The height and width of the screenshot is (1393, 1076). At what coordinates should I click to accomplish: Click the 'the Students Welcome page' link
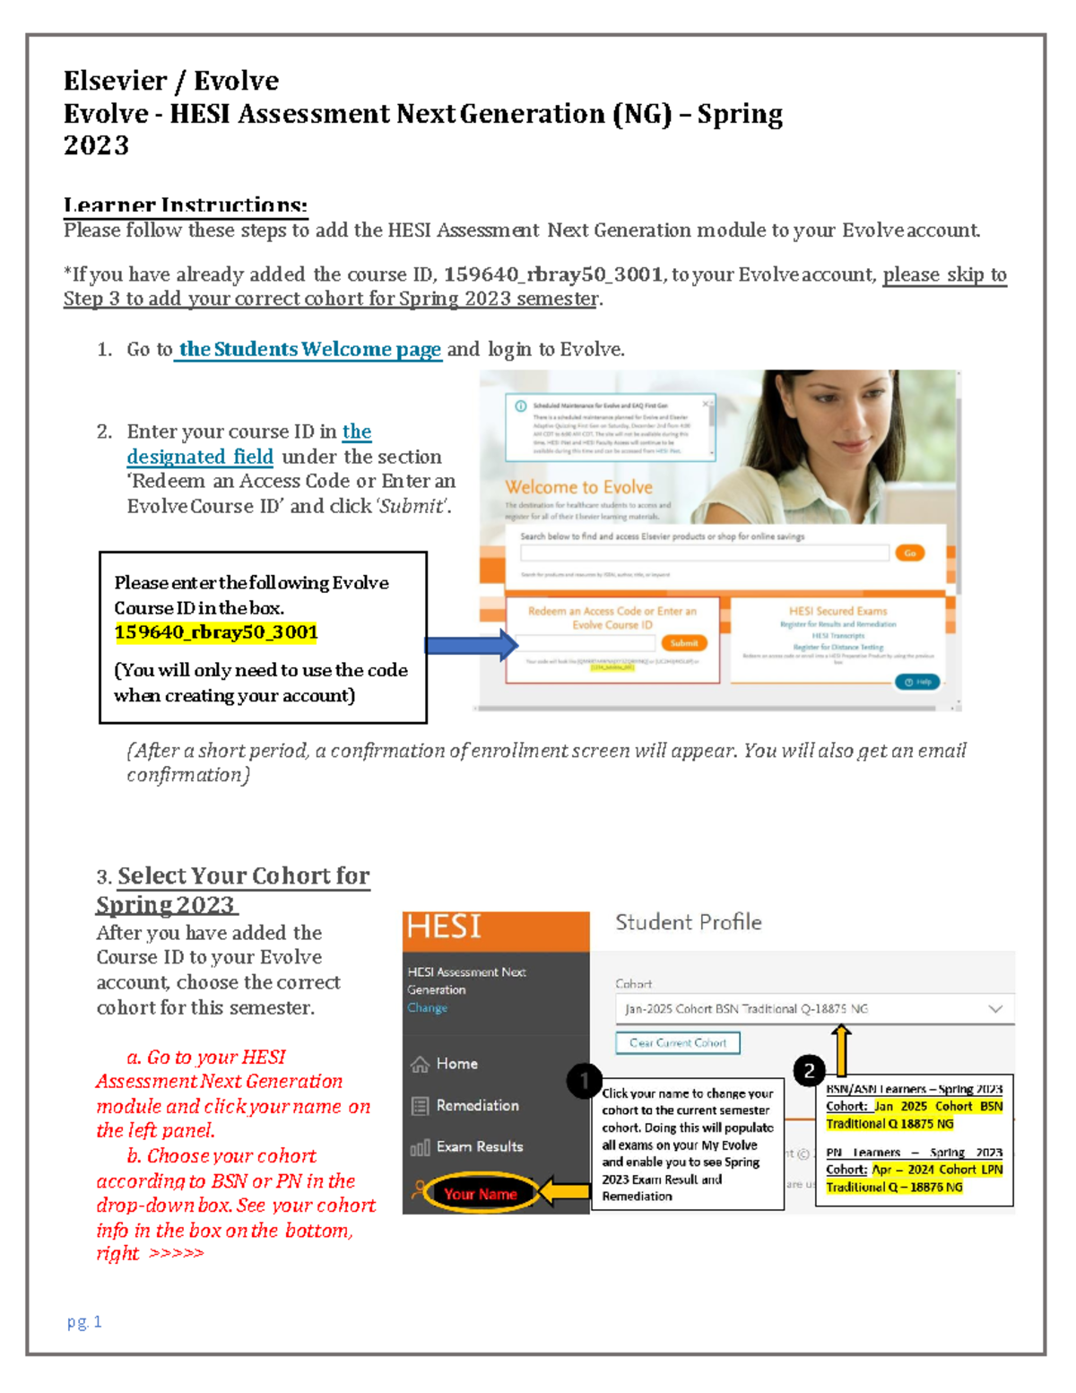[x=309, y=349]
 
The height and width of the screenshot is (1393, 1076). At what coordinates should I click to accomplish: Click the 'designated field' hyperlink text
[x=200, y=457]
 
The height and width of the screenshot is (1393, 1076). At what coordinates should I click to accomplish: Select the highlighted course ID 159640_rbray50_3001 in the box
[x=216, y=632]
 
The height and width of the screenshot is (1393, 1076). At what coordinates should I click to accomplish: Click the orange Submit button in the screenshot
[x=684, y=643]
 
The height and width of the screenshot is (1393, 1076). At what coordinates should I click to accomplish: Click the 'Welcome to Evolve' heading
[x=578, y=487]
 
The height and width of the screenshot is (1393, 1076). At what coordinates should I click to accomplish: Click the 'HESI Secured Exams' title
[x=837, y=611]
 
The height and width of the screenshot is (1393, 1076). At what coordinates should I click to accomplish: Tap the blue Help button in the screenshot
[x=917, y=682]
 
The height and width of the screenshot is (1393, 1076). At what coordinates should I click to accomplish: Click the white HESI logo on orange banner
[x=445, y=927]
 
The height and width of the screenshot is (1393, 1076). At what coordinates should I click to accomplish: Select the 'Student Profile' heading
[x=688, y=922]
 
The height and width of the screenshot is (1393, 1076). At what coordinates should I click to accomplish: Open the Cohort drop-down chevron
[x=994, y=1009]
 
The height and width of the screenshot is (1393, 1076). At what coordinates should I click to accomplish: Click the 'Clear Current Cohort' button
[x=678, y=1042]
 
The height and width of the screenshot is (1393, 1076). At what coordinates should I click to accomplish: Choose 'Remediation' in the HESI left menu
[x=477, y=1106]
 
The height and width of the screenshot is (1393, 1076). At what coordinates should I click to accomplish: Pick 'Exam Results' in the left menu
[x=479, y=1146]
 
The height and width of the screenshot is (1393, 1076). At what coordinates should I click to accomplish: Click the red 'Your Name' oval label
[x=480, y=1194]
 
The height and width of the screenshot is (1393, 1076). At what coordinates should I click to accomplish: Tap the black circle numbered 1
[x=584, y=1080]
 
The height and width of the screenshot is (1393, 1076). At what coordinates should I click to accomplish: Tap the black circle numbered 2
[x=809, y=1070]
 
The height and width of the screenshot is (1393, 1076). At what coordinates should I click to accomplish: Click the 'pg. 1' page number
[x=84, y=1321]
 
